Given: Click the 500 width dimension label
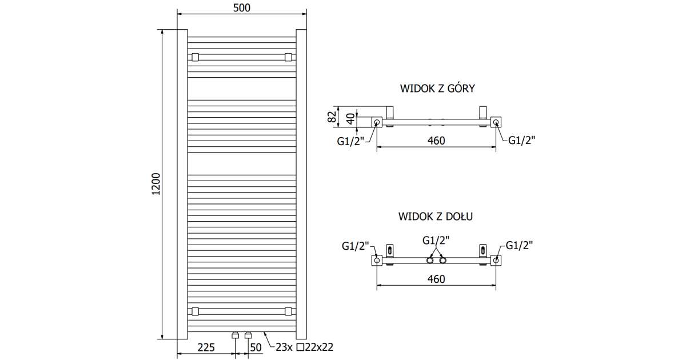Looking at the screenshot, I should (242, 8).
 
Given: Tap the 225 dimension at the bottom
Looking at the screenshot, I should (206, 347).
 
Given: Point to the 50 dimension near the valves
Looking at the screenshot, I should (256, 347).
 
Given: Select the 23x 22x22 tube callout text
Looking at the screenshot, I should (304, 347).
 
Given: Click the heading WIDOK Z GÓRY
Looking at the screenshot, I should (437, 89).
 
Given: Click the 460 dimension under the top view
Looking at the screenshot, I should (436, 141).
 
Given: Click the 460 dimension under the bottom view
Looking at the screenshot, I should (436, 279).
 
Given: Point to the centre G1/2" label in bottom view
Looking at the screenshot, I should (436, 241).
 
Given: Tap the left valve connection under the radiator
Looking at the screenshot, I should (236, 336).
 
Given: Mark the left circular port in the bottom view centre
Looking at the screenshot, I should (430, 261).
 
